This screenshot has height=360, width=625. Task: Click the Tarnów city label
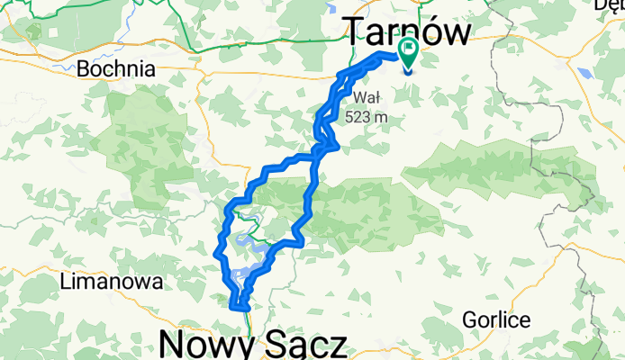(408, 34)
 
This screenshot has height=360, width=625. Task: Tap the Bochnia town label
(117, 68)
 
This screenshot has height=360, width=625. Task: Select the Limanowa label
(112, 283)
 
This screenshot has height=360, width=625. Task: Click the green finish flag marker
(408, 56)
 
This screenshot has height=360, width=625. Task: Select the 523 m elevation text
(365, 116)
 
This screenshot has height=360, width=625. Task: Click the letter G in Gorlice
(469, 319)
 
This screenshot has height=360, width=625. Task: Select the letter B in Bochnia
(86, 68)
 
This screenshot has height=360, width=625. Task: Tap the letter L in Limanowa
(66, 283)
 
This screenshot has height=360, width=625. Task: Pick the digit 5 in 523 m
(349, 116)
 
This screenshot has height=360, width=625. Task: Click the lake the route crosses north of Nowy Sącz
(243, 273)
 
